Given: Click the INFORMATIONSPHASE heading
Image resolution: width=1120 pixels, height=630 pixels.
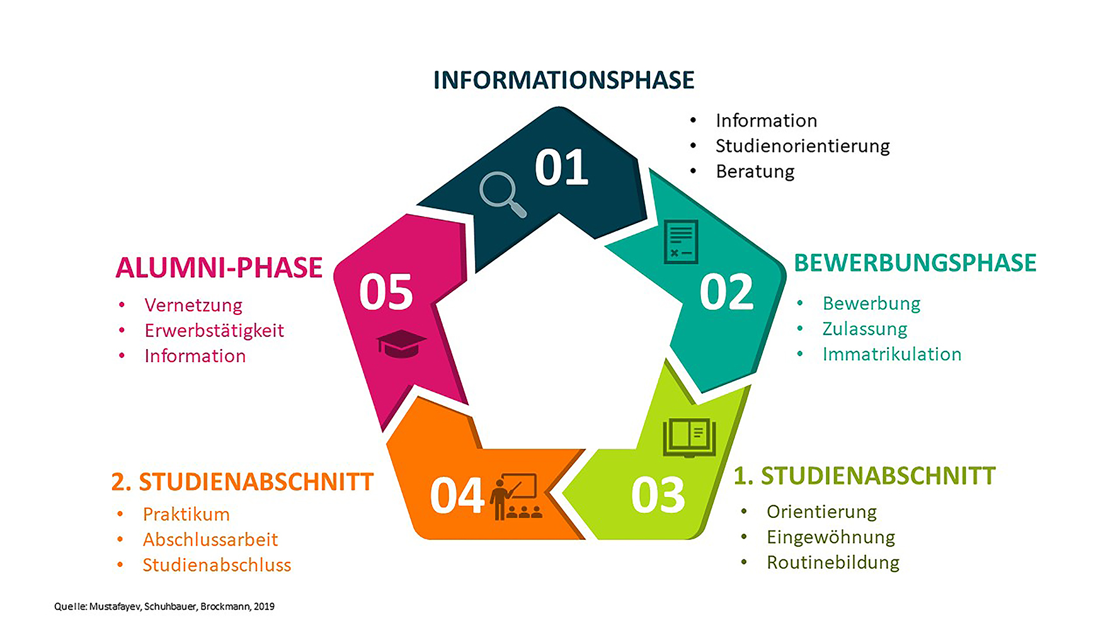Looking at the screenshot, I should pyautogui.click(x=564, y=81).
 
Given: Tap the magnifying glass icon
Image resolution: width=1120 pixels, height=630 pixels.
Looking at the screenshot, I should pyautogui.click(x=501, y=193).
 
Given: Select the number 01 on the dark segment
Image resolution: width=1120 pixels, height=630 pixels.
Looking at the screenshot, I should pyautogui.click(x=561, y=168).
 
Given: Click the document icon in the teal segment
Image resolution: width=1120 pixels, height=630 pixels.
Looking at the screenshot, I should pyautogui.click(x=681, y=241).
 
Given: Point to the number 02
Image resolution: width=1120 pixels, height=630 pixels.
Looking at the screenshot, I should pyautogui.click(x=726, y=292).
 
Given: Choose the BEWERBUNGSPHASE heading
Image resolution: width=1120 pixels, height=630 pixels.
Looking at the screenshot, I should pyautogui.click(x=915, y=263).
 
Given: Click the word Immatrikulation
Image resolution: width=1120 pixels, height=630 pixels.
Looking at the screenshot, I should pyautogui.click(x=891, y=354).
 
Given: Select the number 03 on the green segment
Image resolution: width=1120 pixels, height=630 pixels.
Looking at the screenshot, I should pyautogui.click(x=658, y=495).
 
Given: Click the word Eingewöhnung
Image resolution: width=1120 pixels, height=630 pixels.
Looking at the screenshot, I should pyautogui.click(x=830, y=537).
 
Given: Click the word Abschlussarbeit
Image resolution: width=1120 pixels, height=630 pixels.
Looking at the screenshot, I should pyautogui.click(x=210, y=540).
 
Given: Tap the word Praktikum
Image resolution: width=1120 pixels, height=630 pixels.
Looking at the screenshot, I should pyautogui.click(x=186, y=515).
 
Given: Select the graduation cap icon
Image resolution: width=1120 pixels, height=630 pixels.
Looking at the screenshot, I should pyautogui.click(x=401, y=343).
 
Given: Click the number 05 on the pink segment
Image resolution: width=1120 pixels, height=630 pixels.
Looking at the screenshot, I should pyautogui.click(x=386, y=292).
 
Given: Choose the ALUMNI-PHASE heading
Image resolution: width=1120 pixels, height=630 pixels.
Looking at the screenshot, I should pyautogui.click(x=219, y=268).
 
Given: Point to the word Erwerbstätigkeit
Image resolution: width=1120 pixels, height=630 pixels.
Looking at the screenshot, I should pyautogui.click(x=214, y=331).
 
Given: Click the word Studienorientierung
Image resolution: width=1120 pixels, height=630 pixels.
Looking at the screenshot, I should pyautogui.click(x=802, y=146).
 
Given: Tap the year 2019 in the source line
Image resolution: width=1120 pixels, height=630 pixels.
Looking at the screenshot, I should pyautogui.click(x=264, y=607).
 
